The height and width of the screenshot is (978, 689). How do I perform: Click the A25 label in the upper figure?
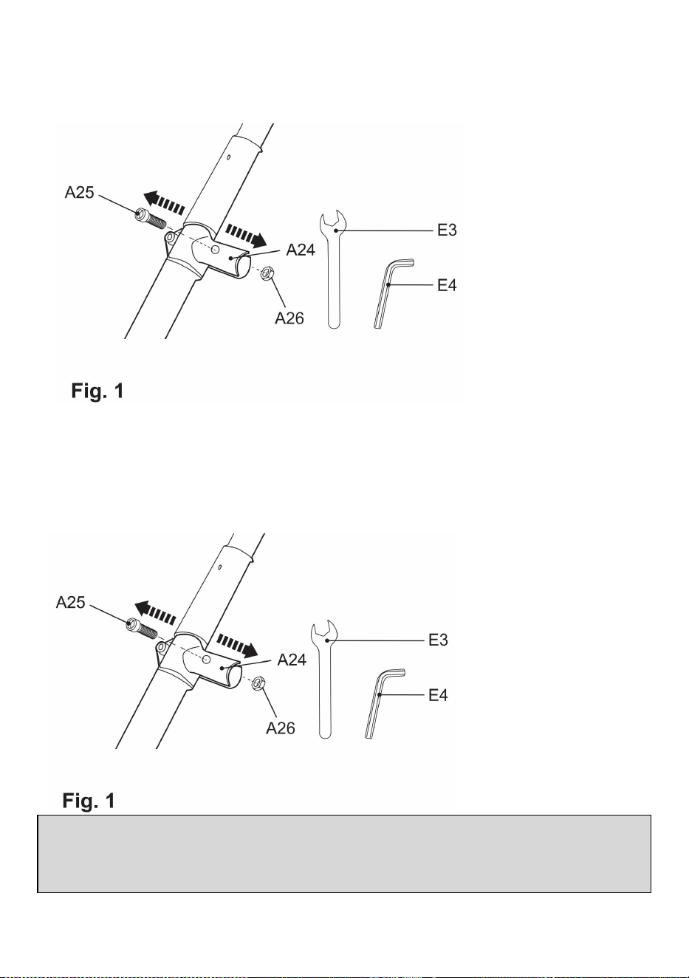pyautogui.click(x=80, y=192)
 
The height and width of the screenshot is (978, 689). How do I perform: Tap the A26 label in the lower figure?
pyautogui.click(x=281, y=728)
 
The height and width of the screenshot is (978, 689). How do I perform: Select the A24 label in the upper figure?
pyautogui.click(x=301, y=250)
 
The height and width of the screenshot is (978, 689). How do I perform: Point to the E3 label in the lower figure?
pyautogui.click(x=438, y=640)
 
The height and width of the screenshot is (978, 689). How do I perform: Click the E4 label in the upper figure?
pyautogui.click(x=447, y=285)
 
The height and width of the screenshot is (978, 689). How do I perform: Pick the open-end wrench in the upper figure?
pyautogui.click(x=333, y=270)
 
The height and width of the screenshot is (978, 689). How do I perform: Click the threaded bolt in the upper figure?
pyautogui.click(x=151, y=219)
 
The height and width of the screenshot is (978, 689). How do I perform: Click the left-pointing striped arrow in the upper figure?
pyautogui.click(x=164, y=201)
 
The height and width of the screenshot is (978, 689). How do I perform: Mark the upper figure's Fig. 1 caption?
pyautogui.click(x=97, y=391)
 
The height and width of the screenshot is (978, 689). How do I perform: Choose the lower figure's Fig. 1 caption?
pyautogui.click(x=89, y=800)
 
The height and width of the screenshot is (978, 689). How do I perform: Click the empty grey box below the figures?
pyautogui.click(x=344, y=854)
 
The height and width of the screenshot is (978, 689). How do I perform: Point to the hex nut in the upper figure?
pyautogui.click(x=267, y=273)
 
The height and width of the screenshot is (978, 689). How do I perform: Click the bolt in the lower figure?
pyautogui.click(x=142, y=629)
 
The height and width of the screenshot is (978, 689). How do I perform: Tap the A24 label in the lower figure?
pyautogui.click(x=292, y=660)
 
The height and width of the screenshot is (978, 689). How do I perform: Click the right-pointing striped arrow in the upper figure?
pyautogui.click(x=246, y=236)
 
